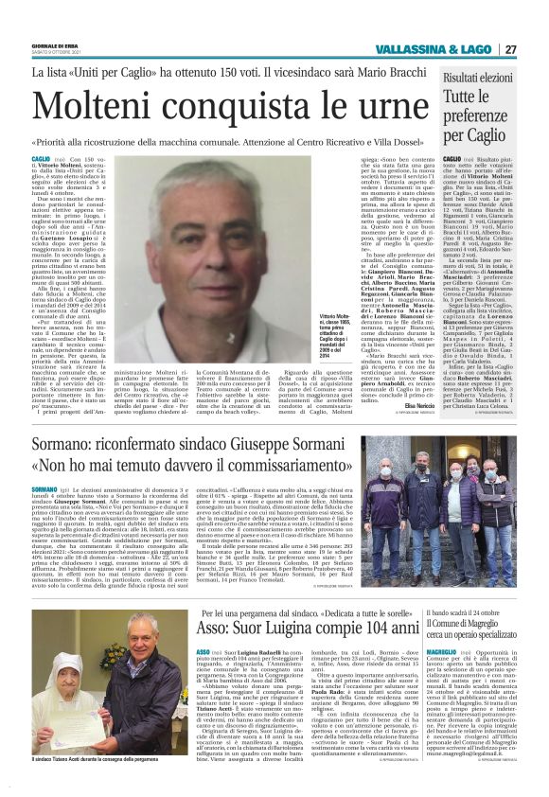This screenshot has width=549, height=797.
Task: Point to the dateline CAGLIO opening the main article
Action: tap(41, 161)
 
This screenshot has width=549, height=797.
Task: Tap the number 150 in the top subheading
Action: tap(257, 71)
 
